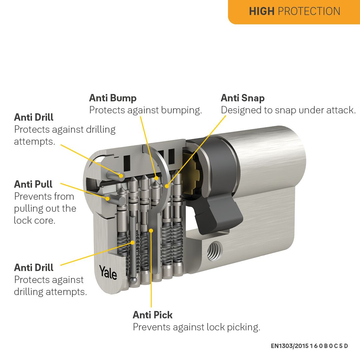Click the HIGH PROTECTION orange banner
tap(294, 11)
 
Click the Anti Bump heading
tap(113, 98)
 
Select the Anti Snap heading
tap(243, 98)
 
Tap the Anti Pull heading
tap(33, 184)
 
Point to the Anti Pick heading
tap(153, 315)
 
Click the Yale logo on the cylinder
tap(108, 272)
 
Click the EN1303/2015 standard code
tap(309, 346)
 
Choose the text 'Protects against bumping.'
tap(145, 110)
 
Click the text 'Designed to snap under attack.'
tap(288, 110)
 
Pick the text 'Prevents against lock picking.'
tap(196, 327)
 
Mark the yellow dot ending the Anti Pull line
tap(108, 199)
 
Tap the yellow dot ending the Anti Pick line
tap(151, 230)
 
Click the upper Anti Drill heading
tap(34, 117)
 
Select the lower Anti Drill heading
tap(34, 268)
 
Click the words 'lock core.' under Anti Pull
tap(34, 220)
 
